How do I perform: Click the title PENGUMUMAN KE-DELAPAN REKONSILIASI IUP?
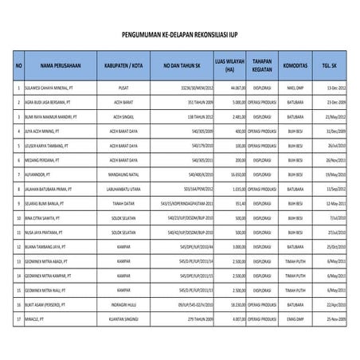tap(179, 36)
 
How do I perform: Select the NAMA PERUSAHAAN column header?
tap(57, 65)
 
